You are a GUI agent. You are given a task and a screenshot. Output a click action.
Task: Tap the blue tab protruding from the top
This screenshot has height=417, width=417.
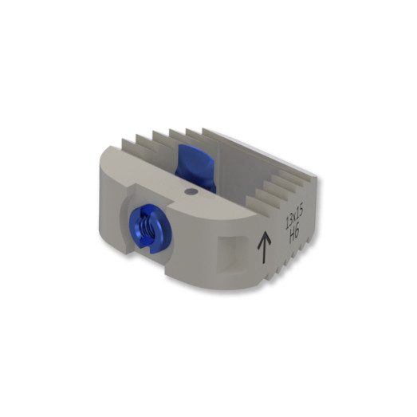pyautogui.click(x=195, y=167)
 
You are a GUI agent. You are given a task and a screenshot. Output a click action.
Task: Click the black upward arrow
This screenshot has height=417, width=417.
pyautogui.click(x=264, y=248)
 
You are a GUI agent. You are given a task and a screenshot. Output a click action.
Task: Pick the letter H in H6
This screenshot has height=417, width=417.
pyautogui.click(x=292, y=234)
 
